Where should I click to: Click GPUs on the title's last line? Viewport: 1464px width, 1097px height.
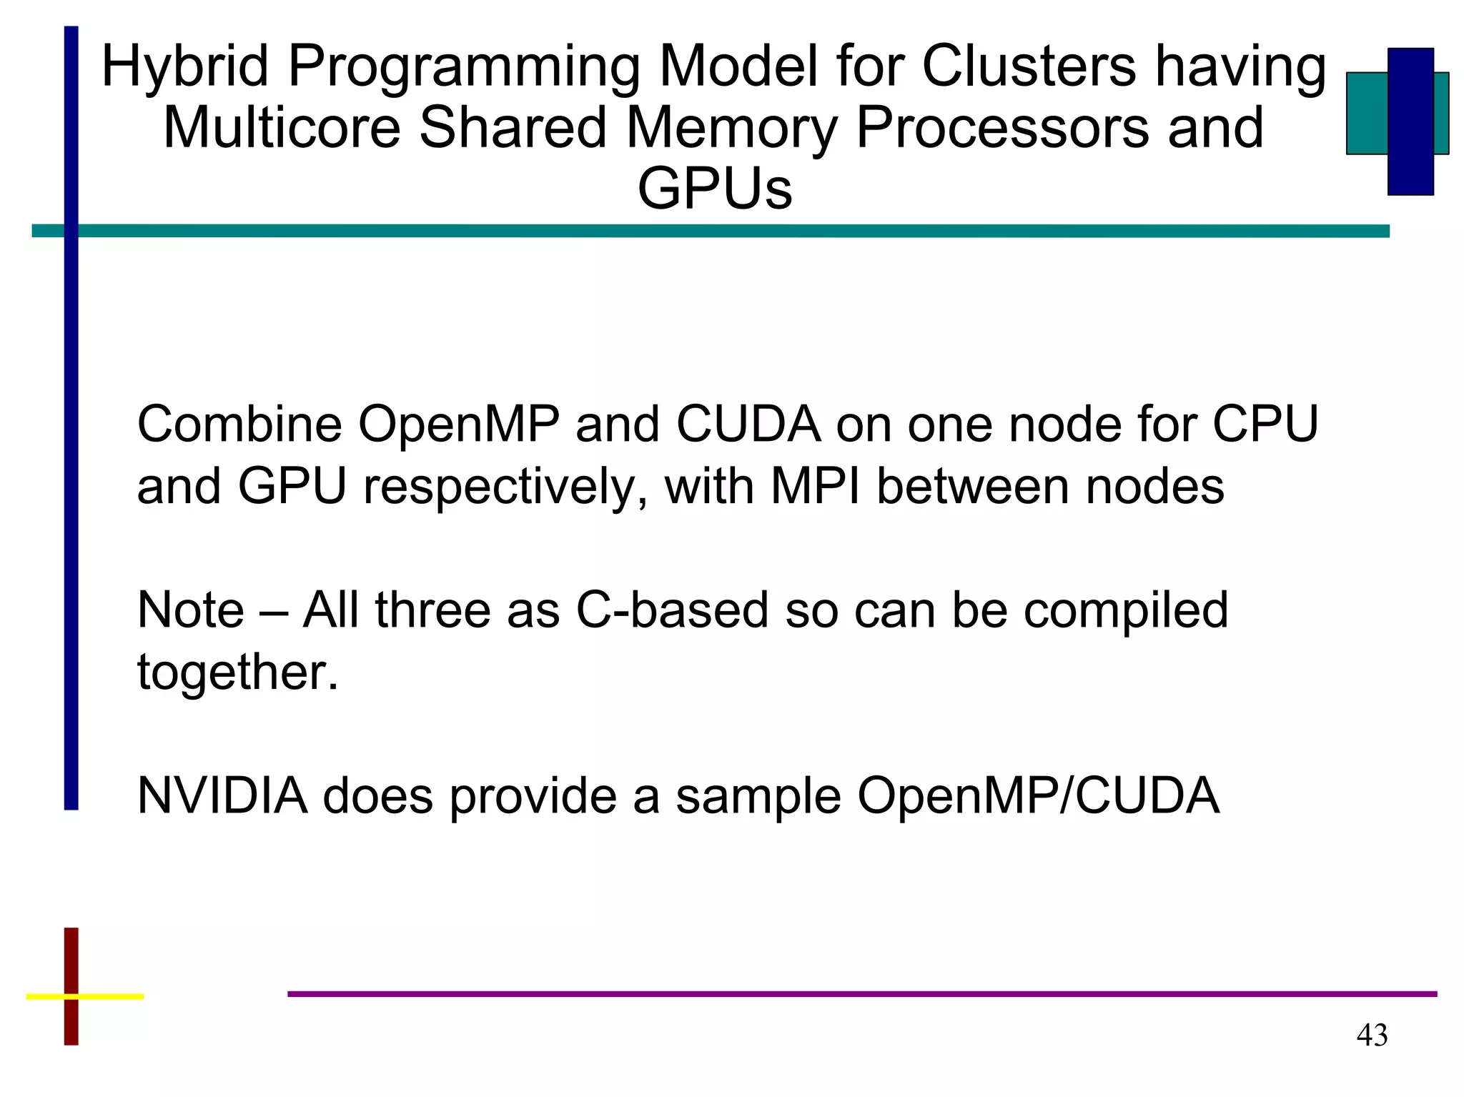click(x=715, y=189)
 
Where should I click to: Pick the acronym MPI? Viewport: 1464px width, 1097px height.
click(x=815, y=487)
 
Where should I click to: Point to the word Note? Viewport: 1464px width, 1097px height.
click(x=190, y=610)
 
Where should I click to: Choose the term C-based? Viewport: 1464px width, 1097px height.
click(x=672, y=610)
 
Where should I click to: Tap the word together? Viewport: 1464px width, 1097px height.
click(x=237, y=672)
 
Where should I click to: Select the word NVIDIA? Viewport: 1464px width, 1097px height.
click(x=222, y=796)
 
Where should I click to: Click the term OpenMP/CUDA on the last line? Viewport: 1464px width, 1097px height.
click(x=1038, y=796)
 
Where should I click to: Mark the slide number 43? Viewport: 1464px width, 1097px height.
click(x=1372, y=1036)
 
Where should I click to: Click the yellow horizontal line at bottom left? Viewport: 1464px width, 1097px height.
click(x=107, y=996)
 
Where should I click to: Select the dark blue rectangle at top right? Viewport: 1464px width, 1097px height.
click(x=1410, y=121)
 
